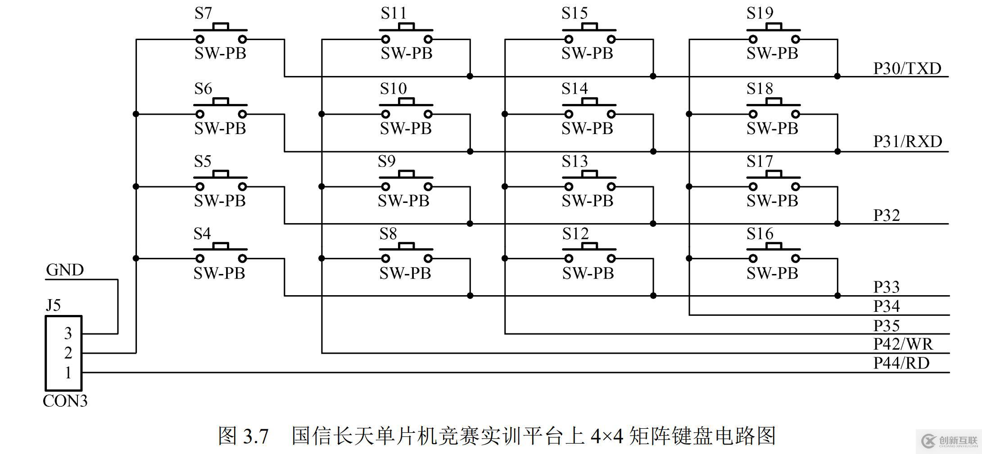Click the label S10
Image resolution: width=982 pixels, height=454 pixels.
pos(393,89)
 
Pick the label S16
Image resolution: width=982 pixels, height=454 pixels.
pos(760,234)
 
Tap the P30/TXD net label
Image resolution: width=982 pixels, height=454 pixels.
pos(907,68)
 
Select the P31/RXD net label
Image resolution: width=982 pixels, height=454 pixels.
pos(907,142)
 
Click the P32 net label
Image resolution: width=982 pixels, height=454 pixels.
pos(886,216)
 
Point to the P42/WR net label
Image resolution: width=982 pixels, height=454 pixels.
pos(903,344)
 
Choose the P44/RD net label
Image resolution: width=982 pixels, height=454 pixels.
pos(901,363)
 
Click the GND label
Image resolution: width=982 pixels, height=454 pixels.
pos(65,270)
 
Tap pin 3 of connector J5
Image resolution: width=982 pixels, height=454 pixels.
pos(68,333)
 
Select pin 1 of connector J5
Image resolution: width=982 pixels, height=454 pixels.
pos(68,373)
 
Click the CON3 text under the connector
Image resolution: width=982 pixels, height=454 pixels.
pos(65,401)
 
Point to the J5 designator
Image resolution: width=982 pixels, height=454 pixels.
pos(53,306)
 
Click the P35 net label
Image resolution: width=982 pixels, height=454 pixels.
pos(886,325)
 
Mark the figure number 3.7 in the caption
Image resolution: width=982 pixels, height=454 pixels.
pos(256,436)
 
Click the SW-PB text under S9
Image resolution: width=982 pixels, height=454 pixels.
pos(403,201)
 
